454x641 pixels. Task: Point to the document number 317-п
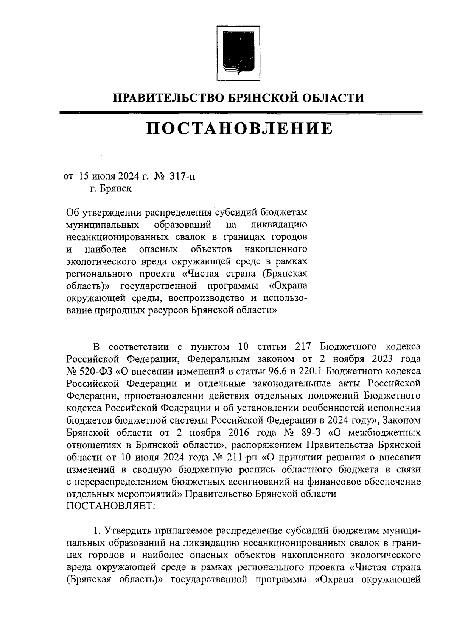[x=183, y=176]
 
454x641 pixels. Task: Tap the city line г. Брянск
[x=110, y=188]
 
